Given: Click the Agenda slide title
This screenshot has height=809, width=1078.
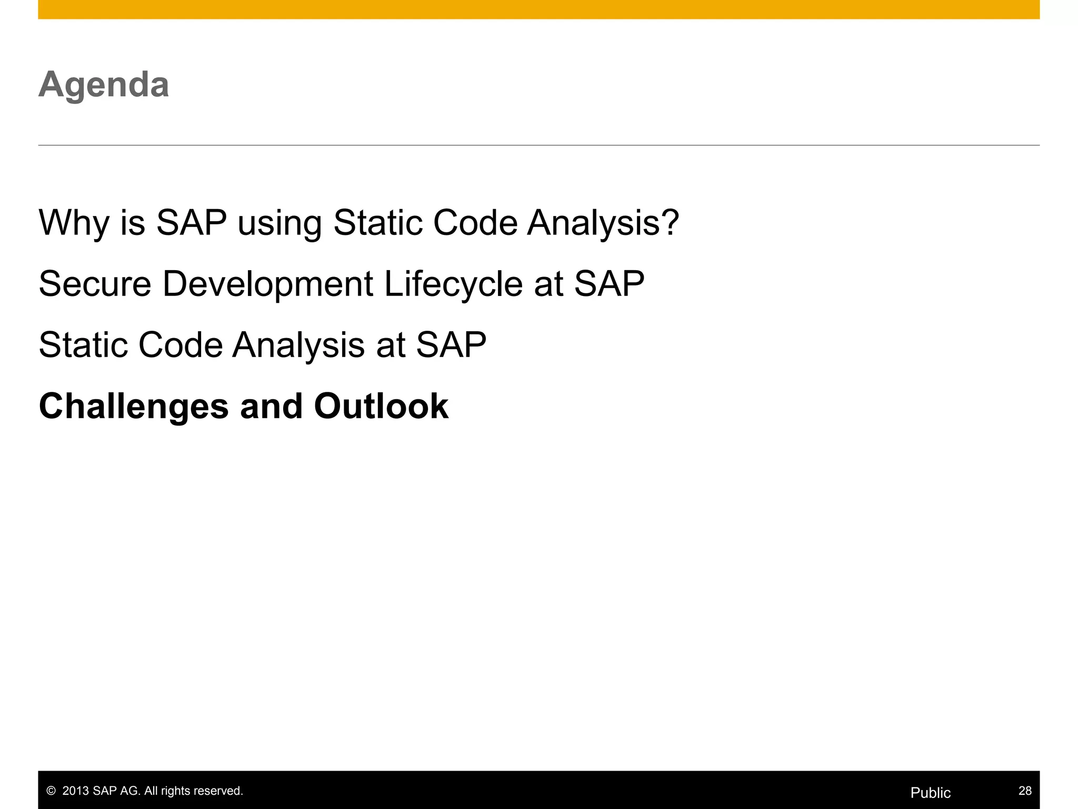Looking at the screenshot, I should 104,85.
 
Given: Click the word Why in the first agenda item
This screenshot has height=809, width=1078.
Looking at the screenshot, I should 73,223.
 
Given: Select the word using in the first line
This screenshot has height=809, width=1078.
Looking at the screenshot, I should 279,223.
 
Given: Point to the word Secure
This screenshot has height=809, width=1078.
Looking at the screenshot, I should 95,284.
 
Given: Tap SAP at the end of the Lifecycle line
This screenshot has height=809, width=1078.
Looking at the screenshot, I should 608,284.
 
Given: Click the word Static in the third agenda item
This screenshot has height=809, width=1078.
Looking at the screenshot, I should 83,345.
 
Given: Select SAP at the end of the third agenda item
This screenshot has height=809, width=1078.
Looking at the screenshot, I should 451,345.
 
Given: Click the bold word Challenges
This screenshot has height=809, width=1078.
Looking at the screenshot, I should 134,407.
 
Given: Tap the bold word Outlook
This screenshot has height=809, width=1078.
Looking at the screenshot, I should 381,406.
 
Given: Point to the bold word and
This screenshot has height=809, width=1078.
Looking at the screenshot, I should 271,406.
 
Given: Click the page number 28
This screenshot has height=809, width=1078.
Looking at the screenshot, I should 1025,791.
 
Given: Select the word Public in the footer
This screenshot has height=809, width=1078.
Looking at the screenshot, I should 930,793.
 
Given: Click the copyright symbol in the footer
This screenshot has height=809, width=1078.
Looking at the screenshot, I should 51,791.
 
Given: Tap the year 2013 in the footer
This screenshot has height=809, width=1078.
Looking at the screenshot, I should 76,791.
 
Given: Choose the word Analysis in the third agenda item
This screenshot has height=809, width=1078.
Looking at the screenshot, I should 298,345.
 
